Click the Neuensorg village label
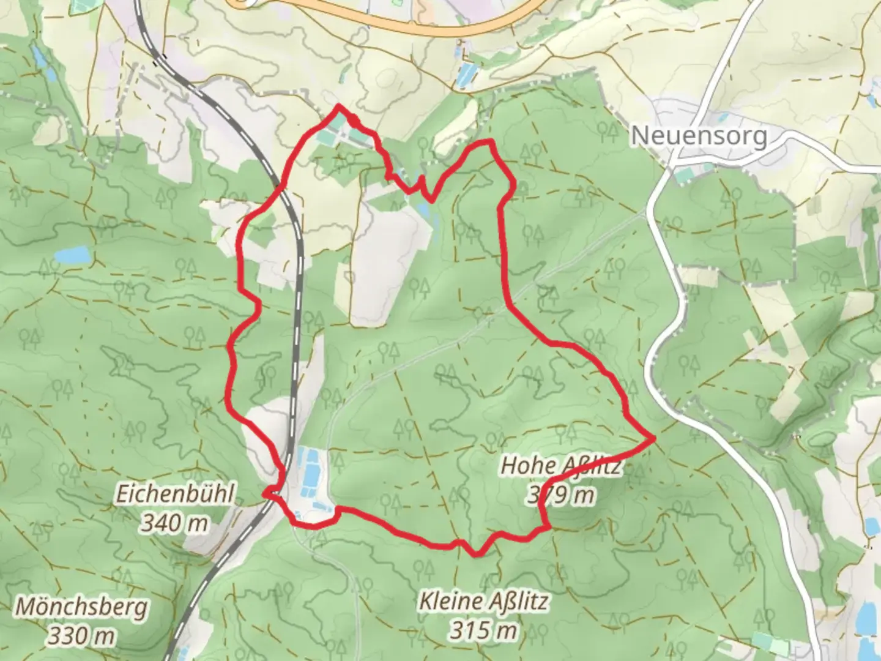click(x=699, y=135)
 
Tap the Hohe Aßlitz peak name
click(x=560, y=466)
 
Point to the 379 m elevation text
click(x=560, y=495)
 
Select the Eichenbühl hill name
click(x=175, y=495)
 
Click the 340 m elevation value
click(x=175, y=523)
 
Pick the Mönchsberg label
click(x=81, y=607)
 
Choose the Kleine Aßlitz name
click(x=483, y=601)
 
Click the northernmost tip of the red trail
click(x=338, y=106)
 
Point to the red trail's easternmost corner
click(x=654, y=438)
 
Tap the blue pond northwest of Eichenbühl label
click(x=72, y=254)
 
